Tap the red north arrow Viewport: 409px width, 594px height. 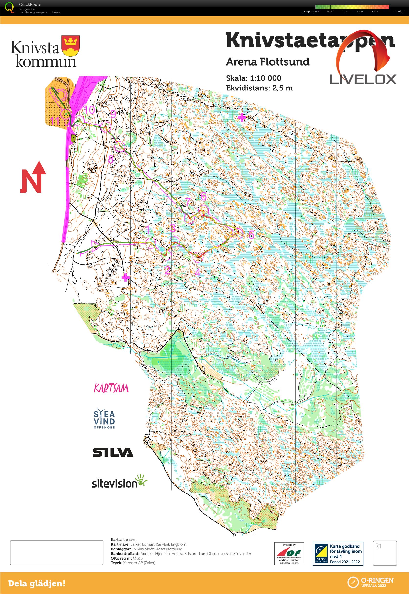click(x=33, y=177)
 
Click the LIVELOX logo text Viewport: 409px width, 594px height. click(x=363, y=79)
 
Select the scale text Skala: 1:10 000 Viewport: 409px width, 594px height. click(x=254, y=78)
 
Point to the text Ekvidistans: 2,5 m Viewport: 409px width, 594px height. click(x=259, y=88)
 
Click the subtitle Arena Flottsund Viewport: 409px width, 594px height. click(x=267, y=62)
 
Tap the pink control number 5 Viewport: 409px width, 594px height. click(x=251, y=234)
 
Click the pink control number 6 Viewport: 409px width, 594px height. click(x=203, y=196)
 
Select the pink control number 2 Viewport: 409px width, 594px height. click(x=167, y=270)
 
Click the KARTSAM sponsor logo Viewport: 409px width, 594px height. click(x=111, y=388)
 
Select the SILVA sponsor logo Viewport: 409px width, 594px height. click(x=113, y=452)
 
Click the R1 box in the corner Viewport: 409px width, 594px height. click(x=384, y=553)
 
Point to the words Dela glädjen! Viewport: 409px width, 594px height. click(x=37, y=583)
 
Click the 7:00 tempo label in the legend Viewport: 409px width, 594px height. click(x=345, y=11)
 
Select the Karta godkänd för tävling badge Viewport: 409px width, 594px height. click(x=338, y=553)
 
